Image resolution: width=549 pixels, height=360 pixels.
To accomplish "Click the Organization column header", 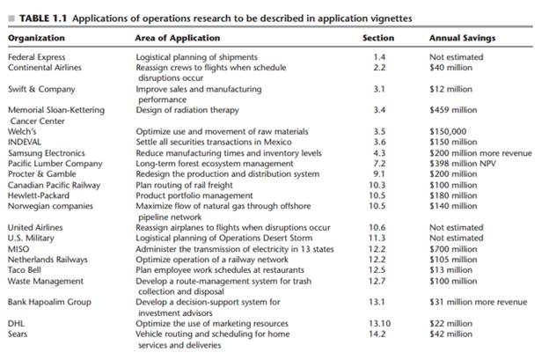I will pyautogui.click(x=36, y=39).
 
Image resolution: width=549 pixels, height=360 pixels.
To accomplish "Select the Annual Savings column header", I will pyautogui.click(x=462, y=39).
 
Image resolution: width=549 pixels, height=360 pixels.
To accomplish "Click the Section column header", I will pyautogui.click(x=378, y=39).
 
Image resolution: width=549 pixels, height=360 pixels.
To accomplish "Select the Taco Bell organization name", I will pyautogui.click(x=27, y=270).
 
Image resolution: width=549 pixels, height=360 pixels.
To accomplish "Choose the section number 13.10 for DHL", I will pyautogui.click(x=378, y=323).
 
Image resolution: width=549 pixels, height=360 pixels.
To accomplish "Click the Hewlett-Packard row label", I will pyautogui.click(x=40, y=195).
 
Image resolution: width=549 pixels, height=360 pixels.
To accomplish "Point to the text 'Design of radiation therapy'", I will pyautogui.click(x=189, y=110).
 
